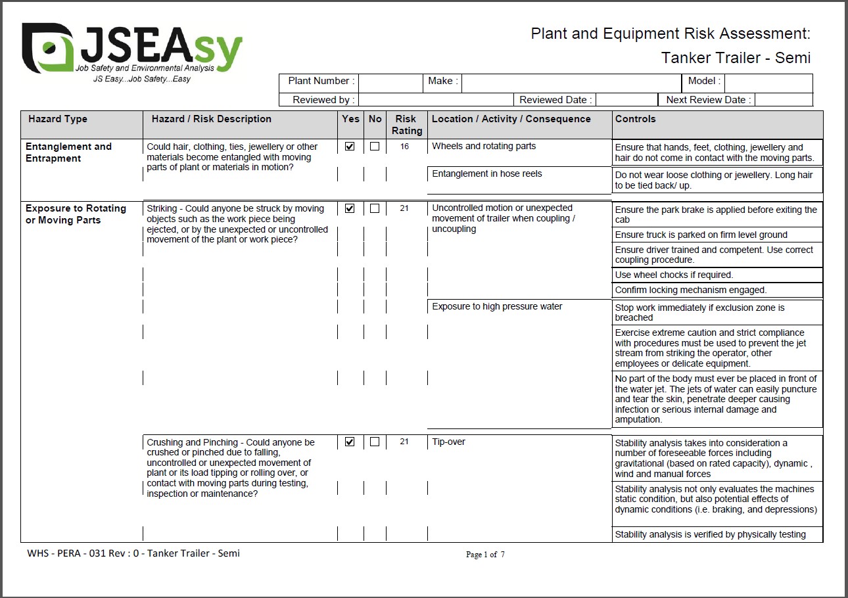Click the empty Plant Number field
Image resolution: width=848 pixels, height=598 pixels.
pyautogui.click(x=390, y=81)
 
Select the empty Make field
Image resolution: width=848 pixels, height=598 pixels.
pyautogui.click(x=571, y=81)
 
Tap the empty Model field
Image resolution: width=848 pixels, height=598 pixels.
pyautogui.click(x=768, y=81)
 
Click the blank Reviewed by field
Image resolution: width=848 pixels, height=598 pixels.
pyautogui.click(x=435, y=100)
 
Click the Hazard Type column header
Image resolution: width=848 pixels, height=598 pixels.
pyautogui.click(x=58, y=119)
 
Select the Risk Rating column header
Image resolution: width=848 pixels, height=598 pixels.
pyautogui.click(x=406, y=124)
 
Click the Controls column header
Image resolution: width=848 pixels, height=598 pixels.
pyautogui.click(x=636, y=119)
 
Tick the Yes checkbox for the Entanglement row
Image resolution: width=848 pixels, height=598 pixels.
pyautogui.click(x=350, y=147)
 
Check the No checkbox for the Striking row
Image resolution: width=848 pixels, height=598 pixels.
pyautogui.click(x=375, y=208)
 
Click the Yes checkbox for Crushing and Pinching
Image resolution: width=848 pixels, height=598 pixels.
pyautogui.click(x=350, y=442)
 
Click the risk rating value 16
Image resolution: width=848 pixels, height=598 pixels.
pyautogui.click(x=404, y=147)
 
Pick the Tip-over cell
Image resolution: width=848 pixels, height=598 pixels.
pyautogui.click(x=448, y=442)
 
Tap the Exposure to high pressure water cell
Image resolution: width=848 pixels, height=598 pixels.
pyautogui.click(x=497, y=306)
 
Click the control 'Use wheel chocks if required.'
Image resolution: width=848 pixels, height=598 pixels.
pyautogui.click(x=674, y=275)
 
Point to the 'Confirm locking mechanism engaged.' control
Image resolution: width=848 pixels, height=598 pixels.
pyautogui.click(x=691, y=290)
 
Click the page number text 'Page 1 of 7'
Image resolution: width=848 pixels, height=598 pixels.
pyautogui.click(x=485, y=555)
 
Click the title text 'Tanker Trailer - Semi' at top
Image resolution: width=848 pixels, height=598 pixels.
pyautogui.click(x=736, y=58)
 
